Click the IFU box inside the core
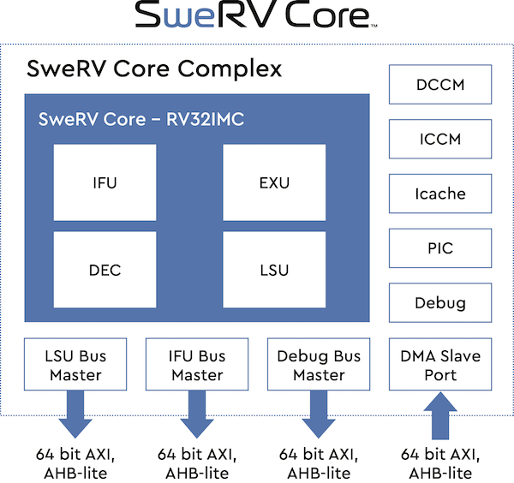pyautogui.click(x=105, y=182)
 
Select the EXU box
pyautogui.click(x=274, y=182)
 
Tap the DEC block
pyautogui.click(x=105, y=270)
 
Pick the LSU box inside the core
pyautogui.click(x=274, y=270)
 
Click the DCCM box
pyautogui.click(x=440, y=85)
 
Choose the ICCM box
pyautogui.click(x=440, y=140)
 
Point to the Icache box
pyautogui.click(x=440, y=194)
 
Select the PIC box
pyautogui.click(x=440, y=248)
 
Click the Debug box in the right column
pyautogui.click(x=440, y=303)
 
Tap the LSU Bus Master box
pyautogui.click(x=75, y=365)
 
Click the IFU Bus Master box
pyautogui.click(x=197, y=365)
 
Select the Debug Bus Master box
pyautogui.click(x=319, y=365)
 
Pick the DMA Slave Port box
pyautogui.click(x=440, y=365)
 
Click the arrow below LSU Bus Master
pyautogui.click(x=75, y=414)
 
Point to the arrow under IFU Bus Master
pyautogui.click(x=197, y=414)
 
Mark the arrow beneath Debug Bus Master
pyautogui.click(x=319, y=414)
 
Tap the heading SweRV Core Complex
pyautogui.click(x=155, y=69)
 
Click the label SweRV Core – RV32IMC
pyautogui.click(x=141, y=119)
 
